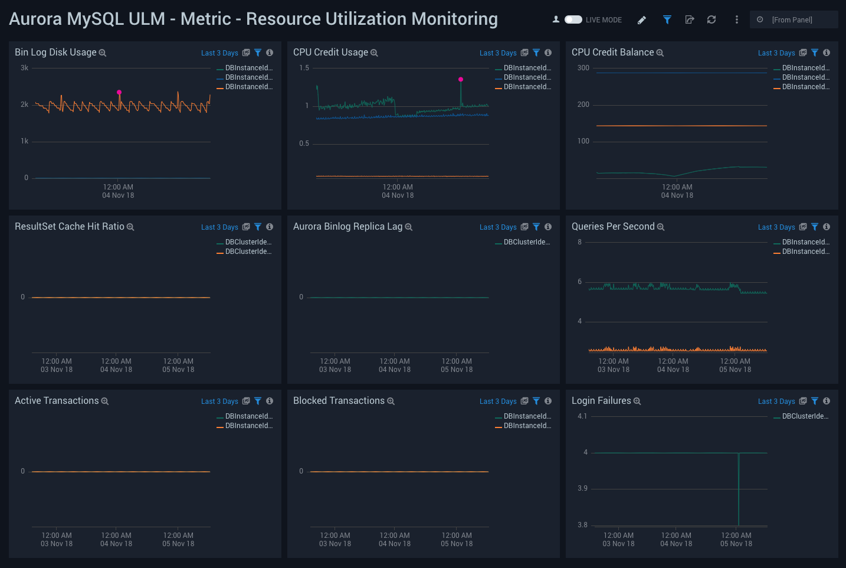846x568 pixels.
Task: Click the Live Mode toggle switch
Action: [x=573, y=19]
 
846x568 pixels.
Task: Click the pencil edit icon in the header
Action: [x=642, y=20]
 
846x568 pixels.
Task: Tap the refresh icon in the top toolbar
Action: [x=711, y=19]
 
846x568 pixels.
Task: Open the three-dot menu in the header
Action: [x=736, y=19]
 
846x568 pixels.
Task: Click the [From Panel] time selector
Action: [x=792, y=19]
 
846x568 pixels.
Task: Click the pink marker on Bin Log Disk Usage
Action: [x=119, y=92]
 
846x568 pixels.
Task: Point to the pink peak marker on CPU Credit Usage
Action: [x=461, y=79]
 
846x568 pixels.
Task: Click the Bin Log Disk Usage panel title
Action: [x=55, y=53]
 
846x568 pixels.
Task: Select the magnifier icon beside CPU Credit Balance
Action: [x=660, y=53]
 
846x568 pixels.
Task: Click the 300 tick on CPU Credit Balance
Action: [x=583, y=68]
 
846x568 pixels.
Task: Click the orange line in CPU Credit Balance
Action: [x=681, y=126]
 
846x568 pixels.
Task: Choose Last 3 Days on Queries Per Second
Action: [x=776, y=227]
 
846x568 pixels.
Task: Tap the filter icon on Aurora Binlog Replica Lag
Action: [x=536, y=227]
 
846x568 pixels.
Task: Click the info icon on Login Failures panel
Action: [x=827, y=401]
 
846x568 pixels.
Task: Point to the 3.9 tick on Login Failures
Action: [x=582, y=488]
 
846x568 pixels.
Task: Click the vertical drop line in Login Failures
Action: [x=739, y=490]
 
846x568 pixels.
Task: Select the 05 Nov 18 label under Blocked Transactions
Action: [x=457, y=544]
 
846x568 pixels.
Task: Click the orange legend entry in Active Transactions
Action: [x=248, y=426]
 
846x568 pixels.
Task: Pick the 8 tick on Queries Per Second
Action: [x=579, y=242]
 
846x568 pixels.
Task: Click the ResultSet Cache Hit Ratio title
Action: [x=70, y=227]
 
